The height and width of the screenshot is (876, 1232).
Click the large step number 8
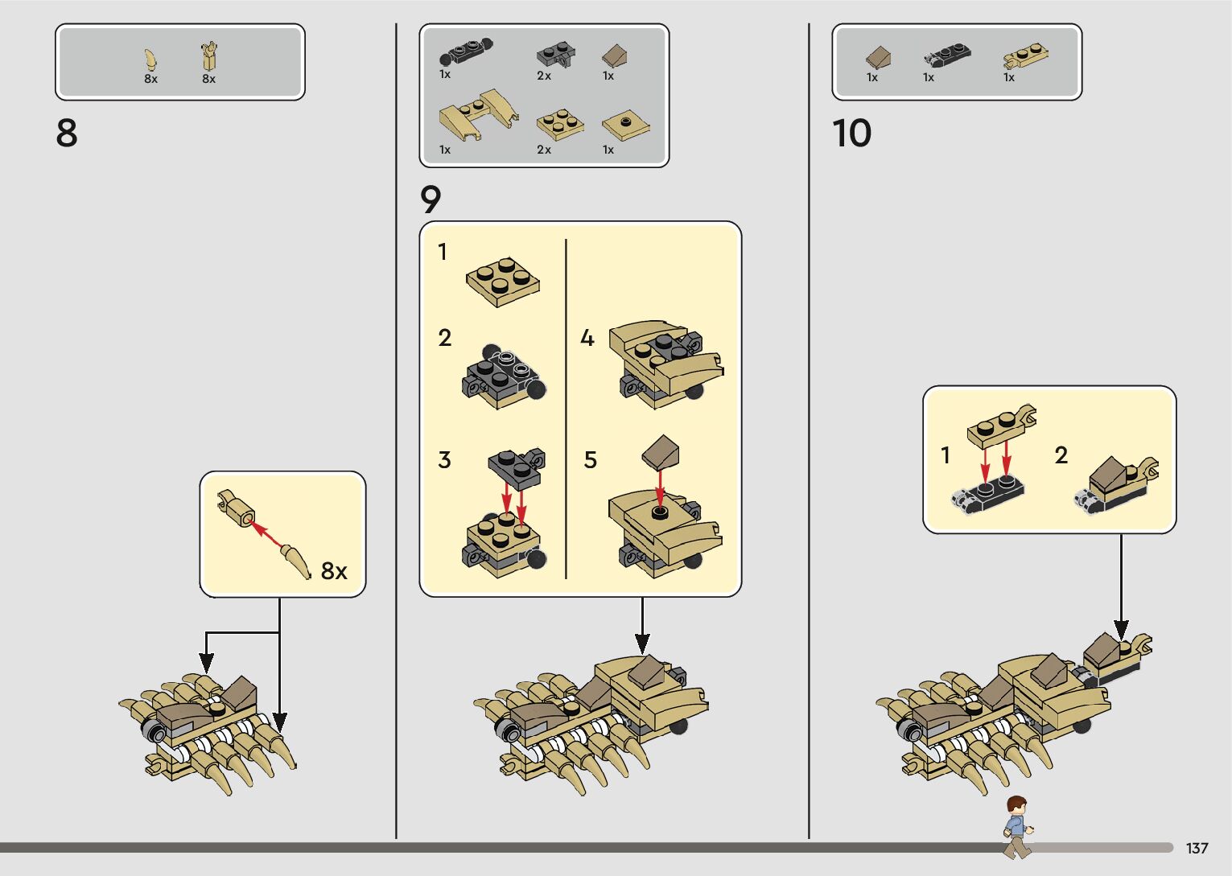coord(67,133)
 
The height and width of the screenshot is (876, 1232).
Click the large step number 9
coord(431,199)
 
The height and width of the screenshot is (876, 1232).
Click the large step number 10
coord(851,133)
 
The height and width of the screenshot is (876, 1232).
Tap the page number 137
coord(1197,848)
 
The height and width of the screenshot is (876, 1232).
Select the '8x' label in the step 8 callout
coord(334,571)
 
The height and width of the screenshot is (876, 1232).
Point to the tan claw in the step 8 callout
coord(296,561)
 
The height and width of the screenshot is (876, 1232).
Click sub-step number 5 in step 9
coord(590,460)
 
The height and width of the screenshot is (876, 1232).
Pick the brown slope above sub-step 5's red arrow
coord(661,452)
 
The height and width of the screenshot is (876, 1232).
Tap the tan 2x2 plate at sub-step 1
coord(503,282)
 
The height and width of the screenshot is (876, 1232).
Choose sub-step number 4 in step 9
coord(587,338)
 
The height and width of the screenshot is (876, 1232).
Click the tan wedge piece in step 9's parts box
coord(478,117)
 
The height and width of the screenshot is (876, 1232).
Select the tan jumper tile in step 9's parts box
coord(626,127)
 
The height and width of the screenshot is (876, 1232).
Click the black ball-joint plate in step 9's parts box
coord(465,51)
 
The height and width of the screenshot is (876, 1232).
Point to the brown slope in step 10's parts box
coord(879,57)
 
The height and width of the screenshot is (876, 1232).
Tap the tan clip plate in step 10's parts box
coord(1025,56)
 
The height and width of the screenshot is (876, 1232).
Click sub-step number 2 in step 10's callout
coord(1061,454)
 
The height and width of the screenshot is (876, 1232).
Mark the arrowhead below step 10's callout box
coord(1121,630)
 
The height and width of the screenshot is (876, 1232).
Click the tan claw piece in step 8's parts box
coord(150,60)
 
